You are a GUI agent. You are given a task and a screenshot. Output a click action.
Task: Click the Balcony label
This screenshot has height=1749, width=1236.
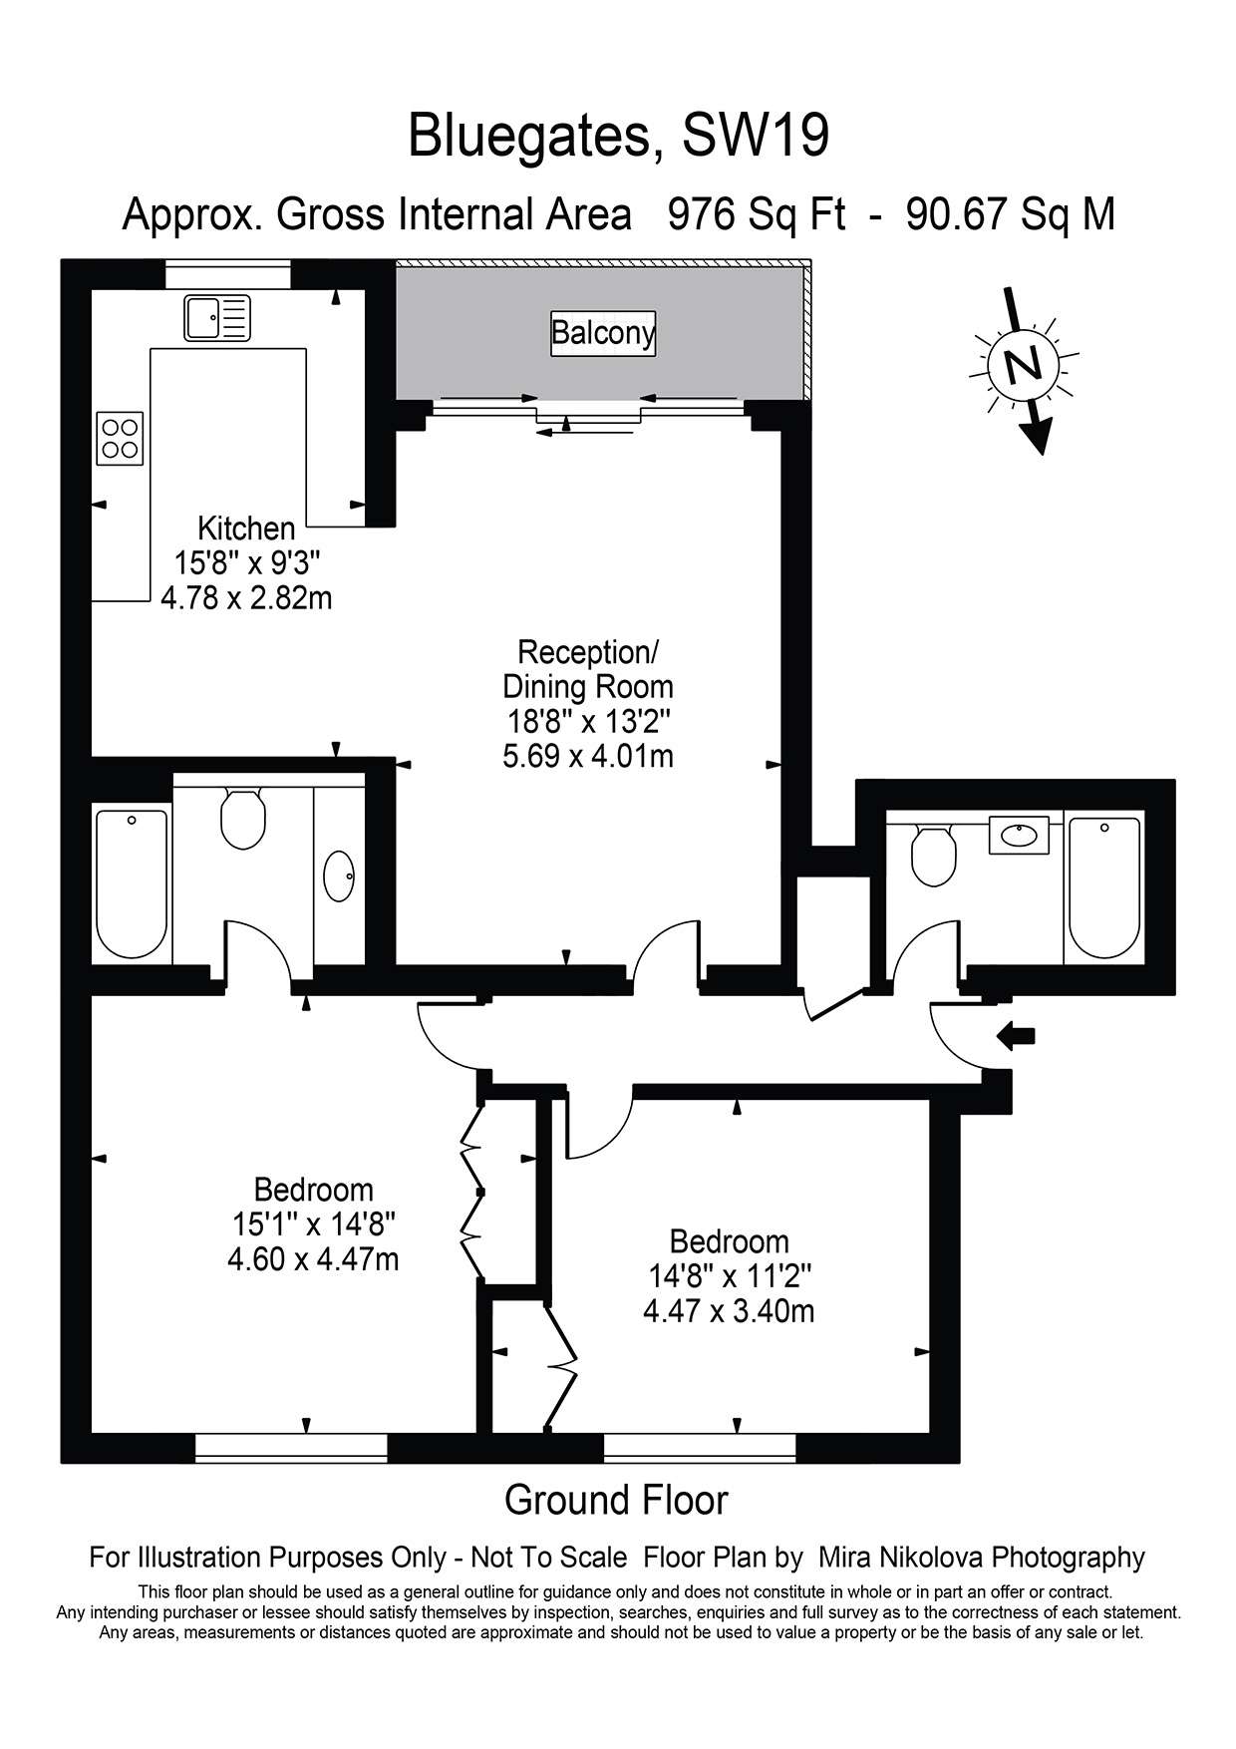pyautogui.click(x=604, y=332)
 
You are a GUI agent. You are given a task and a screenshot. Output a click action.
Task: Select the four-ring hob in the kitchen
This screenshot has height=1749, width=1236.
pyautogui.click(x=120, y=438)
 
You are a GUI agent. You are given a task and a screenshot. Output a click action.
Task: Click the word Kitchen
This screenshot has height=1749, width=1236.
pyautogui.click(x=246, y=528)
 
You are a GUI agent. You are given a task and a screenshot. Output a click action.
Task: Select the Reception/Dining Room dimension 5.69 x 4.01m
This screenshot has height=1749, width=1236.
pyautogui.click(x=588, y=756)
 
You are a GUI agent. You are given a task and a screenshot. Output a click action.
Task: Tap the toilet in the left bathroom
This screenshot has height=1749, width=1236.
pyautogui.click(x=242, y=819)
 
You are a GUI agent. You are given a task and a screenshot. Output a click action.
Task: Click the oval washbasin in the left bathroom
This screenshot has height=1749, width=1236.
pyautogui.click(x=339, y=876)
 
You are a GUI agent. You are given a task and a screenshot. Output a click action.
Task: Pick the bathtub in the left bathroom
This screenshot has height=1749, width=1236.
pyautogui.click(x=132, y=884)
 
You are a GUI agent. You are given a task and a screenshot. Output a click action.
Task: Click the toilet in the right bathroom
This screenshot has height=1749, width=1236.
pyautogui.click(x=934, y=856)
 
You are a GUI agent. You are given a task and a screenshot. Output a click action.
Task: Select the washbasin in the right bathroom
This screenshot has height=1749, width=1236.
pyautogui.click(x=1019, y=835)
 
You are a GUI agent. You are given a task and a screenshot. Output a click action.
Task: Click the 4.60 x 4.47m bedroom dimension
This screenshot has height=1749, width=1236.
pyautogui.click(x=313, y=1258)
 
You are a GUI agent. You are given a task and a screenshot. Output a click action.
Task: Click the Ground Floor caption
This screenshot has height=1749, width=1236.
pyautogui.click(x=617, y=1500)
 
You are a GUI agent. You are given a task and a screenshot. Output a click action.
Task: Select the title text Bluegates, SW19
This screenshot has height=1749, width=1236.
pyautogui.click(x=618, y=137)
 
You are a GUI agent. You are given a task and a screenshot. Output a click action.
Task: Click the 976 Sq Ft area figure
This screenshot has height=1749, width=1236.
pyautogui.click(x=757, y=214)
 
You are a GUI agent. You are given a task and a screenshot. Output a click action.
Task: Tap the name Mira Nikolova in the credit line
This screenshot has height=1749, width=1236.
pyautogui.click(x=900, y=1557)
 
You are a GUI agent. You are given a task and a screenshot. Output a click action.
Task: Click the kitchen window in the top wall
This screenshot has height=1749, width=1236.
pyautogui.click(x=227, y=274)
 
